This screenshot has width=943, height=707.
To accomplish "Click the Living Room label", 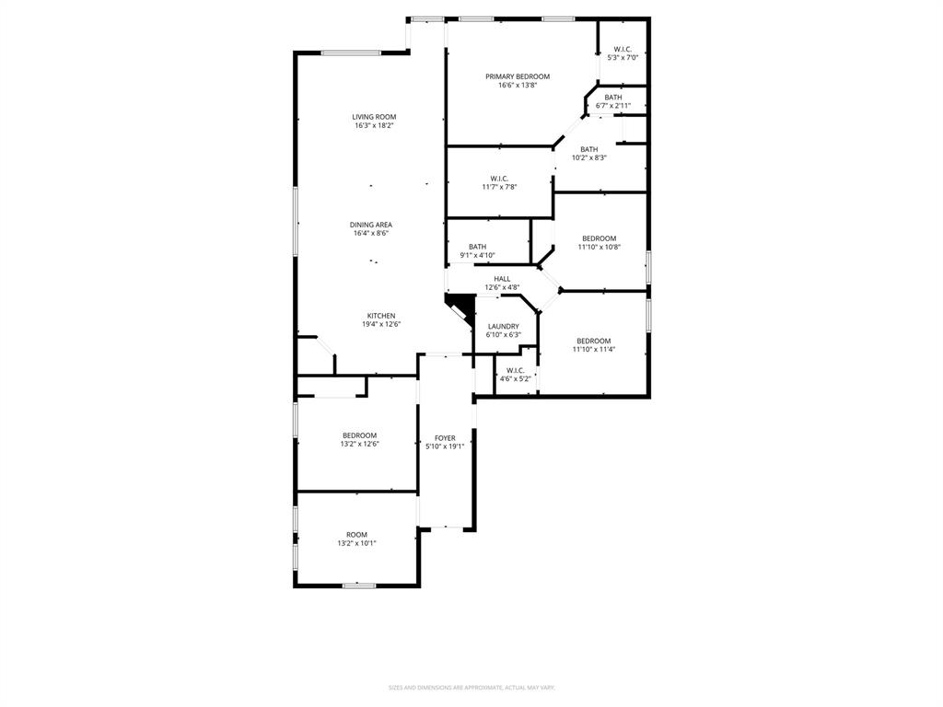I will [374, 117].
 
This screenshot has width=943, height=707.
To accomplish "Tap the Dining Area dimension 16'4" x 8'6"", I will [371, 234].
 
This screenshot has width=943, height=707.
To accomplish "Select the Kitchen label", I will [381, 316].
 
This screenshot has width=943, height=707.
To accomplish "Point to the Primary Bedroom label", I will [518, 76].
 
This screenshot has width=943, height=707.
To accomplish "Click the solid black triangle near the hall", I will [457, 304].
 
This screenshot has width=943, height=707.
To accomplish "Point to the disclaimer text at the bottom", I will [471, 687].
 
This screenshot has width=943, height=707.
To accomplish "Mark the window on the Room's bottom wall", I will [358, 585].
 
